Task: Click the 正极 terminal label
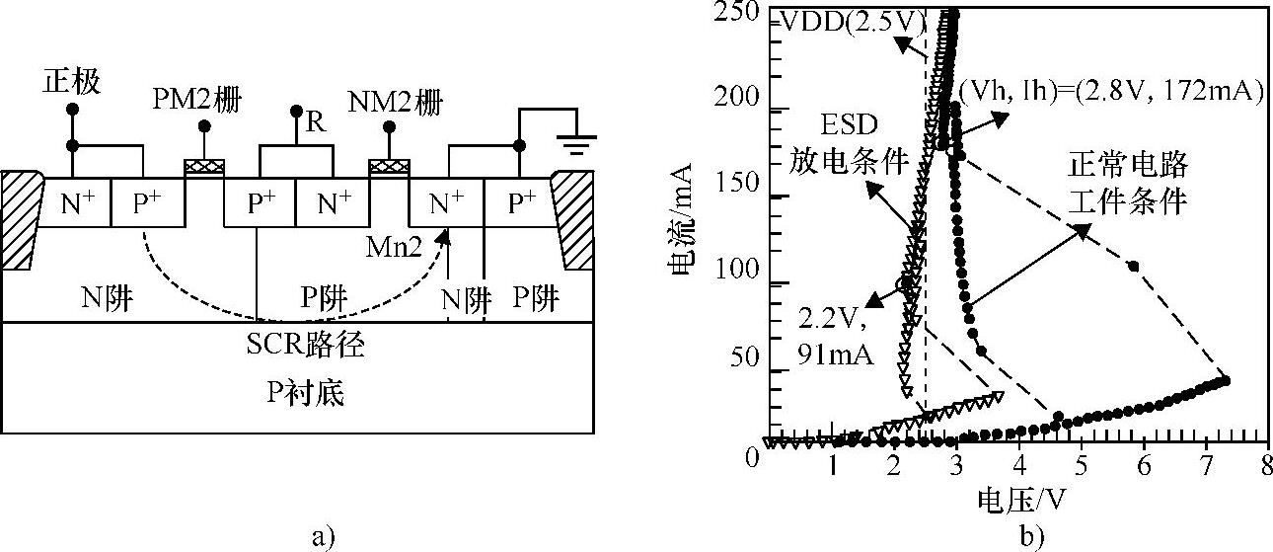click(72, 81)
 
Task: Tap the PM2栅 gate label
click(197, 100)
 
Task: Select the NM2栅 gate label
click(396, 103)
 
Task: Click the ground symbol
click(576, 145)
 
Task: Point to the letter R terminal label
click(316, 121)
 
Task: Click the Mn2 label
click(394, 247)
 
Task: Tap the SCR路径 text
click(305, 344)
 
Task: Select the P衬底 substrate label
click(305, 393)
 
